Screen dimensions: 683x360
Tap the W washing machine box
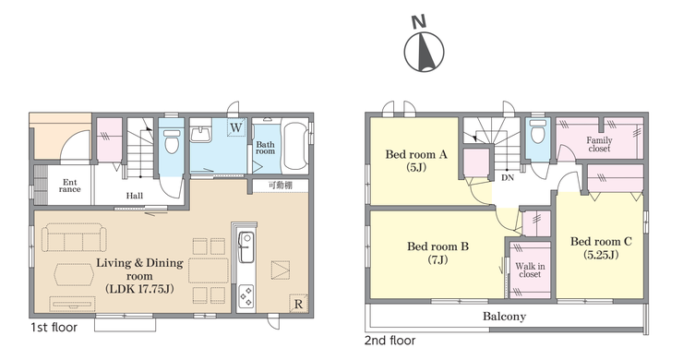click(235, 127)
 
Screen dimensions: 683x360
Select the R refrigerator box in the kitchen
click(298, 304)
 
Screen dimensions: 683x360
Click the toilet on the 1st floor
click(172, 139)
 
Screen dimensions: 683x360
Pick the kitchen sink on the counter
click(246, 247)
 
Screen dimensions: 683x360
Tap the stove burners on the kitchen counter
click(246, 296)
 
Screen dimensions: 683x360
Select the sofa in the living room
click(74, 237)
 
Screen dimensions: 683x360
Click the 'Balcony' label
click(504, 317)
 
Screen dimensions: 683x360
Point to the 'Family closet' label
click(599, 144)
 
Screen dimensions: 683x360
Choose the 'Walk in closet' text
click(530, 270)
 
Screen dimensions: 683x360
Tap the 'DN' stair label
click(508, 178)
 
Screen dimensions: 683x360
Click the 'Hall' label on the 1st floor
click(135, 196)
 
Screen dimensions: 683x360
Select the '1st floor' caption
click(54, 328)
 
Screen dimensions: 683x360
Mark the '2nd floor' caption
click(389, 341)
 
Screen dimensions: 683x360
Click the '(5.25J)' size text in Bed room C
click(601, 255)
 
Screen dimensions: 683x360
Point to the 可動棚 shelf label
click(281, 186)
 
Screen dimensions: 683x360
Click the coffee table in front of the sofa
click(73, 274)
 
